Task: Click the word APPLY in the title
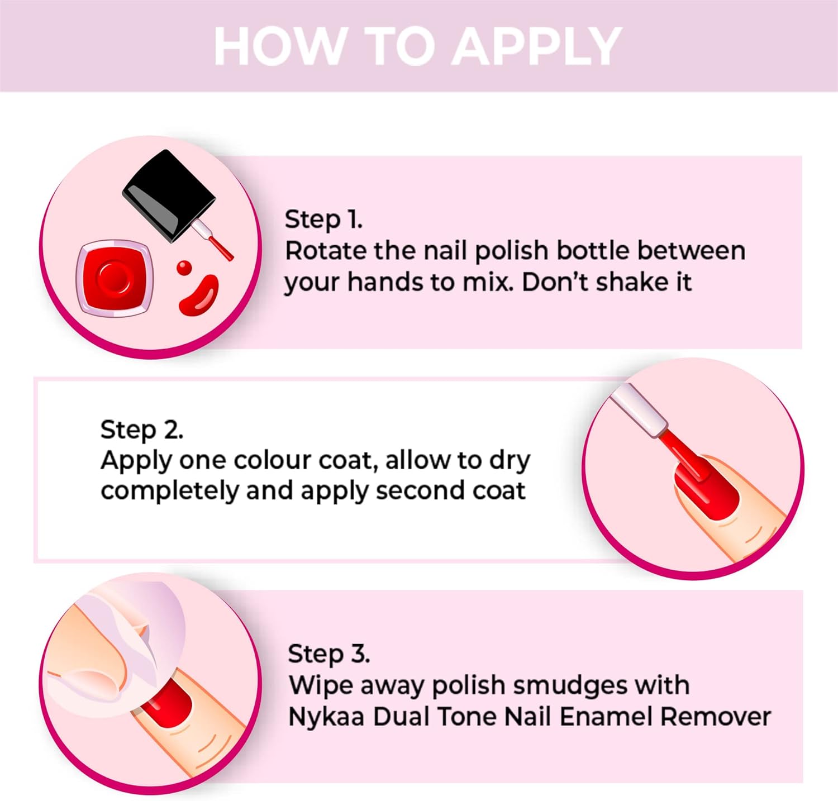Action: pyautogui.click(x=536, y=46)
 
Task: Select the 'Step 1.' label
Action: pyautogui.click(x=323, y=219)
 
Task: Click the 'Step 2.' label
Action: pyautogui.click(x=142, y=430)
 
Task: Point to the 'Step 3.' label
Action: pyautogui.click(x=328, y=654)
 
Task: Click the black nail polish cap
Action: pyautogui.click(x=169, y=194)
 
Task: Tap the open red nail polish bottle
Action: pyautogui.click(x=115, y=277)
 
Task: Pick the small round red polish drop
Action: pyautogui.click(x=184, y=268)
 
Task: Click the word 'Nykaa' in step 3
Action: pyautogui.click(x=327, y=717)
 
